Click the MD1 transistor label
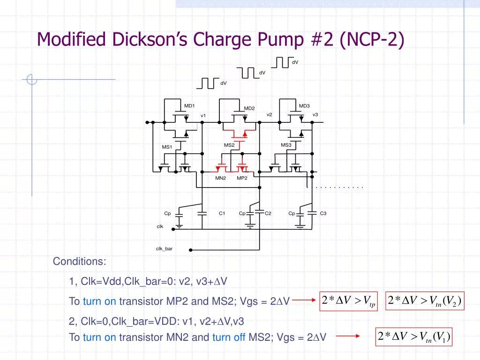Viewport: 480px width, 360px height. [189, 106]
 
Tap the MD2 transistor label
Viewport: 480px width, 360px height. [249, 108]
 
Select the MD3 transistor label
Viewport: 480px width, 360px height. [304, 106]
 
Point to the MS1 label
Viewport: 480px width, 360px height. [167, 147]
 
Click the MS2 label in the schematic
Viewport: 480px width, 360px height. [229, 145]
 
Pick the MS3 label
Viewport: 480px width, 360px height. [286, 145]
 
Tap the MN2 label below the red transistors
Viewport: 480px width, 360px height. [221, 178]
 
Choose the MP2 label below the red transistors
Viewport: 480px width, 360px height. [242, 178]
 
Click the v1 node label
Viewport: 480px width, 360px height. [203, 115]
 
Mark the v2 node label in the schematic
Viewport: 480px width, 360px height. [270, 114]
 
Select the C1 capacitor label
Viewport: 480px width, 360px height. [222, 213]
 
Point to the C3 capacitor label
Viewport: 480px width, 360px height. [323, 213]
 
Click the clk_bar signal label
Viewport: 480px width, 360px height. [164, 248]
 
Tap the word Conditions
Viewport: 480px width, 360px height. [79, 261]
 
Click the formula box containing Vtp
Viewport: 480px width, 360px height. [349, 301]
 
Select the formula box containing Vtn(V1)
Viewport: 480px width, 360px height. [414, 337]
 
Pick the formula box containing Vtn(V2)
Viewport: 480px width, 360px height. [425, 301]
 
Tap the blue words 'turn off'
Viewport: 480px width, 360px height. [229, 337]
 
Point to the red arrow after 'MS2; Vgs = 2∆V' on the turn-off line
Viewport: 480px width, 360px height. [347, 336]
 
